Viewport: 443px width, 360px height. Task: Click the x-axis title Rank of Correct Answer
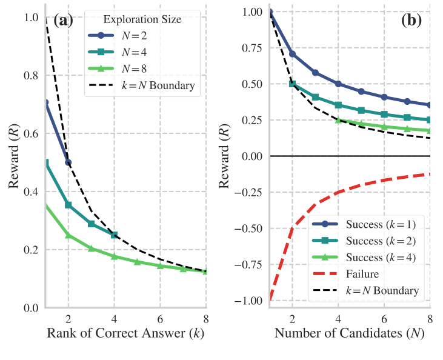coord(126,334)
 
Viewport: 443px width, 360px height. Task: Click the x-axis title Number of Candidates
coord(349,334)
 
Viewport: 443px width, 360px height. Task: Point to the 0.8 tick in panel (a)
coord(30,75)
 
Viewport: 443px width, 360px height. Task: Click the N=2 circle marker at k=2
coord(68,162)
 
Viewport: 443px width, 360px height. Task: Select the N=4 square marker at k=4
coord(114,235)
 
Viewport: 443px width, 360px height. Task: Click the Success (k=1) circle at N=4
coord(338,84)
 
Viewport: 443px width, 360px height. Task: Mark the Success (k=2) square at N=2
coord(293,84)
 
